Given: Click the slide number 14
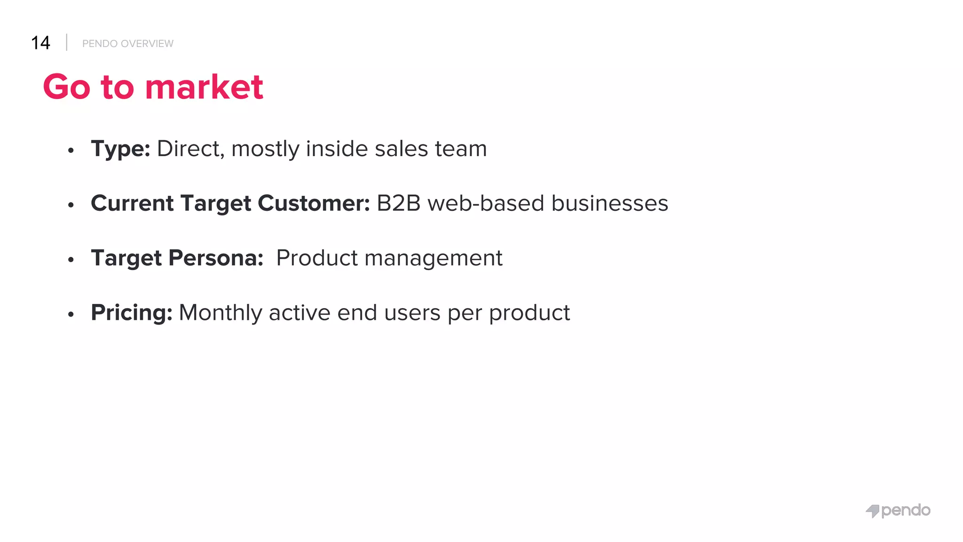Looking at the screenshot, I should pos(40,43).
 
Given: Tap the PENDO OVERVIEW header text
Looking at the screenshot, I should pos(127,44).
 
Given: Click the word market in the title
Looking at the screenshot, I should pos(204,87).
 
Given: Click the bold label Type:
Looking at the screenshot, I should pos(120,149).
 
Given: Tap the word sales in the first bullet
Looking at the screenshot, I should pos(401,149).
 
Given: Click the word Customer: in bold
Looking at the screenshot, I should pos(314,203).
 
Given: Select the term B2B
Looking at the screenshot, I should pos(398,203).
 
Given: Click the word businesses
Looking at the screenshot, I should pos(609,203).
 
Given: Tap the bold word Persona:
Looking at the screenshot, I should pos(216,258).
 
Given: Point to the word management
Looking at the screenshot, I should pos(433,258).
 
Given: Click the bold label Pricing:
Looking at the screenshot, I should pos(132,313).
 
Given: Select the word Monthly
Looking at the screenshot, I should pos(220,313).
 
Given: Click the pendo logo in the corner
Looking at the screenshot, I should pos(898,510).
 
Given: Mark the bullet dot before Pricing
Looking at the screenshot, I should pos(71,314).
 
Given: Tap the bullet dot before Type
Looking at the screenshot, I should pos(71,151).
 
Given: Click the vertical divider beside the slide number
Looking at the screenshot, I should pos(67,42).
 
